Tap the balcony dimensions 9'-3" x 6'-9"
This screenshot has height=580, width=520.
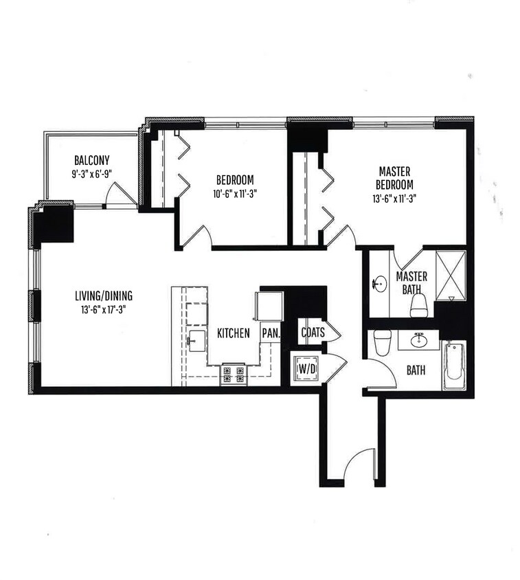(x=91, y=175)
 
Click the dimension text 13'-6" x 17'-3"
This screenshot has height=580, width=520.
(x=103, y=309)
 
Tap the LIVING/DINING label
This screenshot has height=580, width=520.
(x=104, y=296)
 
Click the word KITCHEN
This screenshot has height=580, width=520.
(x=233, y=333)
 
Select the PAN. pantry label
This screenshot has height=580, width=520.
(x=270, y=333)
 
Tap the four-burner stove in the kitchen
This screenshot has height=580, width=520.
(x=233, y=375)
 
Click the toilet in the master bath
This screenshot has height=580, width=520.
(x=419, y=305)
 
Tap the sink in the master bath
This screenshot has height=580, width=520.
(x=378, y=283)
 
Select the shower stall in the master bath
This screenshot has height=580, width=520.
(x=451, y=274)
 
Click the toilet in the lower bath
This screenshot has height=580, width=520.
(x=383, y=342)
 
